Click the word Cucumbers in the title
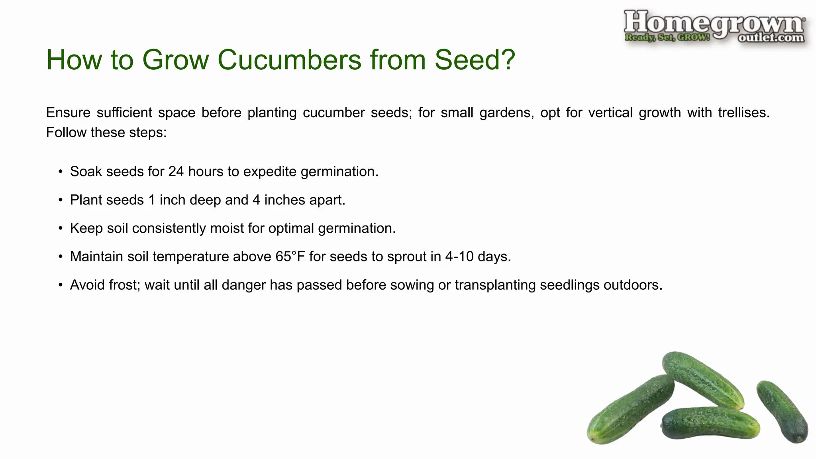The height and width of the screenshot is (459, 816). pos(289,60)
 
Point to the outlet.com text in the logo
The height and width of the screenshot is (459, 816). pos(771,38)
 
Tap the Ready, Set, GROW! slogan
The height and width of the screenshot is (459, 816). pos(667,38)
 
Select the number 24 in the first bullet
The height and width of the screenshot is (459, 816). pos(176,172)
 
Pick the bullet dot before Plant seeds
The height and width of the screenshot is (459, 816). pos(61,200)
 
